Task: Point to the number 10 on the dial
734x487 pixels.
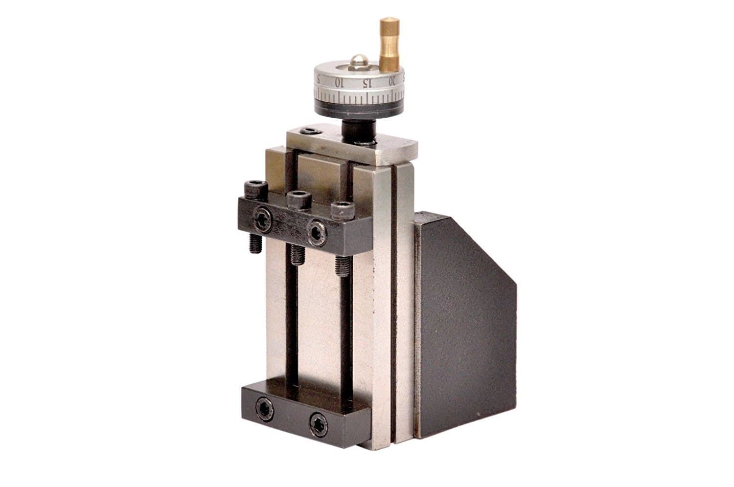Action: [338, 83]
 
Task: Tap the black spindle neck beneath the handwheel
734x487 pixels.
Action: [358, 129]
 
